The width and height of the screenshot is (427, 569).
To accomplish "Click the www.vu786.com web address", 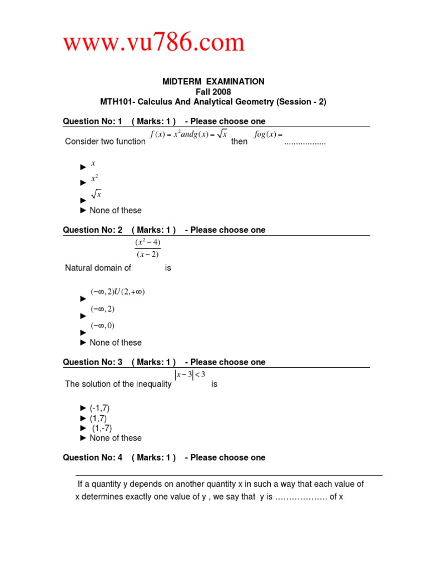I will click(x=153, y=43).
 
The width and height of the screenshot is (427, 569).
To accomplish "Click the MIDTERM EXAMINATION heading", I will click(x=213, y=82).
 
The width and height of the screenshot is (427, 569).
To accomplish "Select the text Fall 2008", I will click(x=213, y=92).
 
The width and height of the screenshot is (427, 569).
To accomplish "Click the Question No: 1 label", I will click(x=92, y=121).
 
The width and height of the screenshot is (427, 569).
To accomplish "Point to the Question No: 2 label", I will click(x=92, y=229).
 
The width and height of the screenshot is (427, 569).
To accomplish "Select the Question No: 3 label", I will click(x=92, y=362).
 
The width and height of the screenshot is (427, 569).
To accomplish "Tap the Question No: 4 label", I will click(x=92, y=457).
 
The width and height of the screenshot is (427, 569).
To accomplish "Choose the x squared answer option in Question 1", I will click(x=95, y=179).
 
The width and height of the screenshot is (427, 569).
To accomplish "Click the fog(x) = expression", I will click(x=268, y=134).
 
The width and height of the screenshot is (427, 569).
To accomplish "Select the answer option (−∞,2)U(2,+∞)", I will click(x=117, y=292).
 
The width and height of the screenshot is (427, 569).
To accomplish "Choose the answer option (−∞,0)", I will click(x=103, y=326).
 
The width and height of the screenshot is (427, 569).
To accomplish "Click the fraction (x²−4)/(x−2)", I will click(x=147, y=248).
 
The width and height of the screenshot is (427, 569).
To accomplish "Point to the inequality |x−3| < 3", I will click(x=190, y=375).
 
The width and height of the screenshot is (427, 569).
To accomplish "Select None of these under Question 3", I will click(x=115, y=438).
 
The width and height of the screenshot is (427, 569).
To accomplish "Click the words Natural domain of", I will click(x=98, y=268).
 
